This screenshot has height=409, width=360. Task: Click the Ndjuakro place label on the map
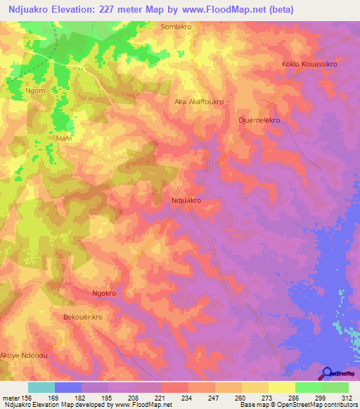point(186,200)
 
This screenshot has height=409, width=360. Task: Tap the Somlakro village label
point(176,26)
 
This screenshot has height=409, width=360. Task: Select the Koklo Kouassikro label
point(309,64)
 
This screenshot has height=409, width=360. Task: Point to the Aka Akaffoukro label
point(199,102)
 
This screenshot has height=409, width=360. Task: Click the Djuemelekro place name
point(259,120)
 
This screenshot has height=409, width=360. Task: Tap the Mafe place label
point(64,138)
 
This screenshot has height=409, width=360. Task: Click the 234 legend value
point(187,397)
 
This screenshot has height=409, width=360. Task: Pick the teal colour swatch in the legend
point(41,387)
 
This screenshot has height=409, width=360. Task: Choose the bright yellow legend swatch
point(281,387)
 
